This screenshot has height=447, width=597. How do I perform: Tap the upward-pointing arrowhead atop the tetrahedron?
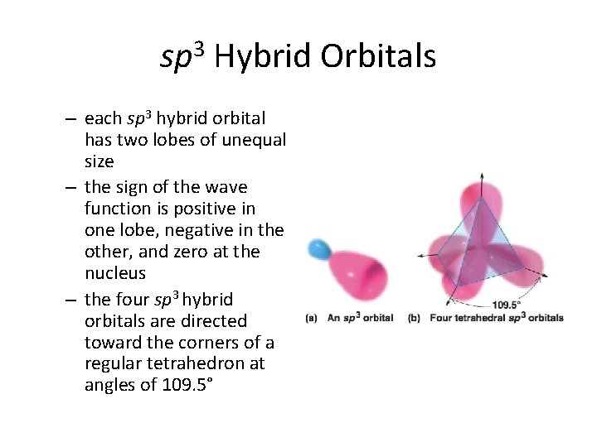coord(482,176)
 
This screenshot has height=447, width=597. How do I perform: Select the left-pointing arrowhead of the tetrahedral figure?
coord(420,257)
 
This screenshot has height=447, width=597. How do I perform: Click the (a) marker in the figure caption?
coord(311,318)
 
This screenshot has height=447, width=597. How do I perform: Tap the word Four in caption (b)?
coord(437,318)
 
